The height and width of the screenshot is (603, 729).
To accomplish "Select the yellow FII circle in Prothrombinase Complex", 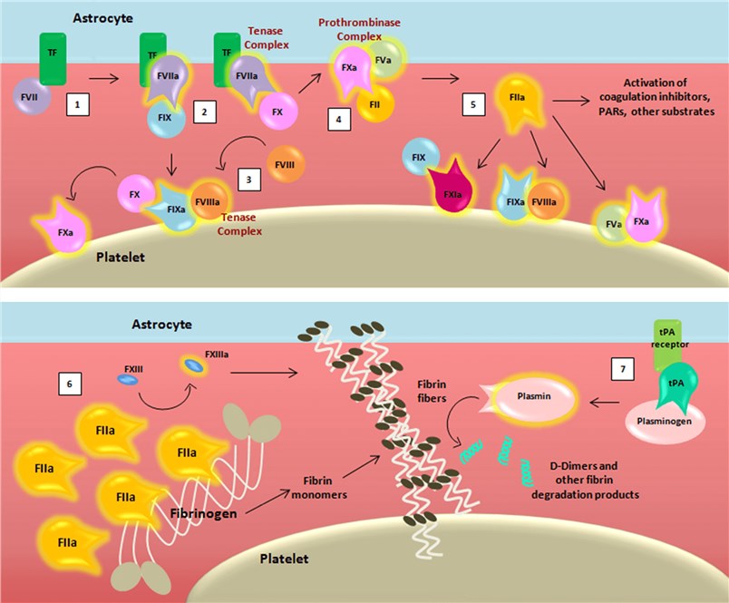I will [x=376, y=104].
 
